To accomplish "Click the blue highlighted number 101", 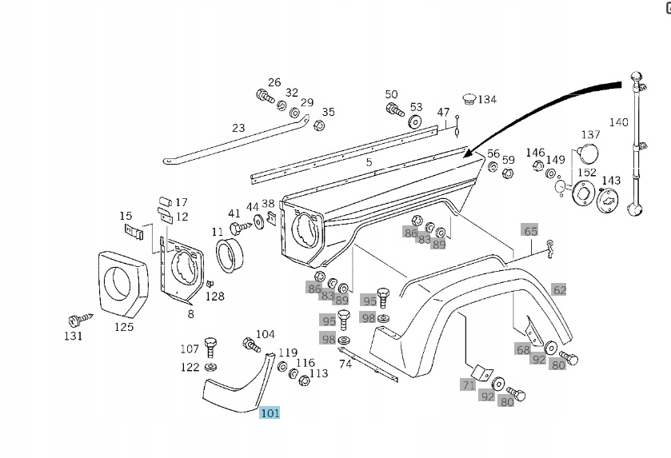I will tap(270, 413).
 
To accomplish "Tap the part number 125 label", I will tap(123, 326).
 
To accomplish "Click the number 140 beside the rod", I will tap(619, 122).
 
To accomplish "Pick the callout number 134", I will tap(486, 99).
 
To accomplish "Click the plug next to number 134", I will tap(469, 99).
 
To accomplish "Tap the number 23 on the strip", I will tap(238, 127).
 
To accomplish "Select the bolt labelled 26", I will tap(265, 97).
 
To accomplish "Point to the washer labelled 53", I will tap(414, 121).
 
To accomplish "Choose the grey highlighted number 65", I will tap(530, 231).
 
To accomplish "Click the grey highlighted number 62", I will tap(559, 290).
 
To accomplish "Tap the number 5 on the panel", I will tap(369, 162).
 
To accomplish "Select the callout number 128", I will tap(215, 296).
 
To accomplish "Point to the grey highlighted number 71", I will tap(468, 384).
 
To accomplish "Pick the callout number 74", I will tap(345, 364).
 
